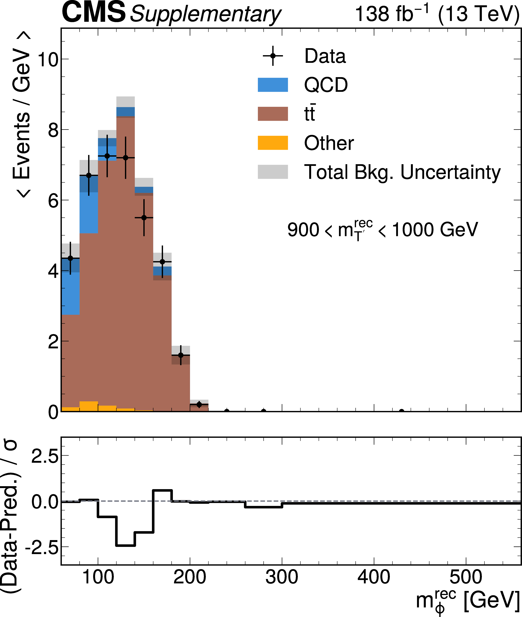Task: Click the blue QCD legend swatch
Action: click(273, 85)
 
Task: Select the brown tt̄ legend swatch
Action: click(273, 114)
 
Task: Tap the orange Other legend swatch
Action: click(273, 143)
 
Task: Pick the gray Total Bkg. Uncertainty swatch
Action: click(273, 172)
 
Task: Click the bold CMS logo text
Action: click(93, 12)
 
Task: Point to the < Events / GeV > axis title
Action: click(21, 114)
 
